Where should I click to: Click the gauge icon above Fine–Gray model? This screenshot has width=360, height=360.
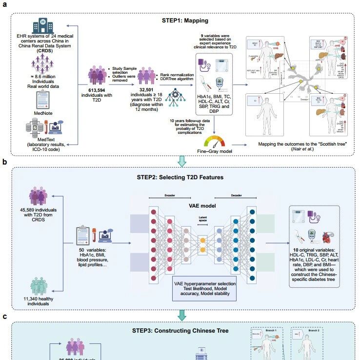click(215, 141)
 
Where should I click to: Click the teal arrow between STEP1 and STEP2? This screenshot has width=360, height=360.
click(182, 160)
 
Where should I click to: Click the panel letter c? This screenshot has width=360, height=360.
click(4, 317)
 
